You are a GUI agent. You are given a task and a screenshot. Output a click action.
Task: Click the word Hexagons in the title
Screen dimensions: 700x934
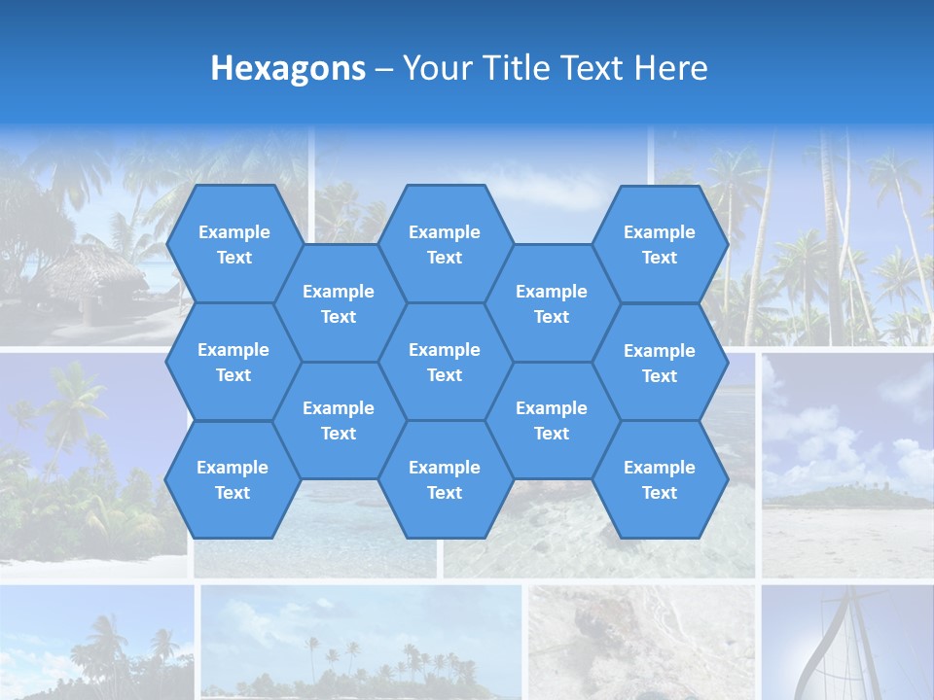(288, 68)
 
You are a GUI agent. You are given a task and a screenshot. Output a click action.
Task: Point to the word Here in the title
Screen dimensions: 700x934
(670, 68)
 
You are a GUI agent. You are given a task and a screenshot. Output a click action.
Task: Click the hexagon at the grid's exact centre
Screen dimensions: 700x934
(445, 362)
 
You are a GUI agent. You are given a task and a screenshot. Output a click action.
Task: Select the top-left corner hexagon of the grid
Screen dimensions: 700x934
(233, 244)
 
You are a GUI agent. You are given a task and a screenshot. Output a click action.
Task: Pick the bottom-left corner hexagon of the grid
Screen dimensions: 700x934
(233, 479)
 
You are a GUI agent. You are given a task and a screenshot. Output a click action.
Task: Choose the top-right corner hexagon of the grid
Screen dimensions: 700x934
(660, 244)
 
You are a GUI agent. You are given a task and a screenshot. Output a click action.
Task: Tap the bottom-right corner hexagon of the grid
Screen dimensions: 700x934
(660, 479)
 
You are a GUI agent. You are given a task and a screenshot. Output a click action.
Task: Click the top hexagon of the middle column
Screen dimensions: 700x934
(445, 244)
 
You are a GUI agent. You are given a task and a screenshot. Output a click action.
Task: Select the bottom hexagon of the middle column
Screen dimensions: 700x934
(445, 479)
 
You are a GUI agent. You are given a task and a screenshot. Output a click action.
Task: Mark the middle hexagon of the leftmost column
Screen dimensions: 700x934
(233, 362)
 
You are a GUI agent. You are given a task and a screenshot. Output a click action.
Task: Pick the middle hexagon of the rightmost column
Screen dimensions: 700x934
(660, 363)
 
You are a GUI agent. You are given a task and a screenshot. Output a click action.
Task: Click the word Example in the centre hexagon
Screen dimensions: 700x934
(445, 350)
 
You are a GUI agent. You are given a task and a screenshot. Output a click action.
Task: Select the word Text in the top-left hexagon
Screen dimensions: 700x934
(233, 258)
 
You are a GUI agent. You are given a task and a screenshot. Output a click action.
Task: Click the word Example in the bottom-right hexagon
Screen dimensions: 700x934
(660, 468)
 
